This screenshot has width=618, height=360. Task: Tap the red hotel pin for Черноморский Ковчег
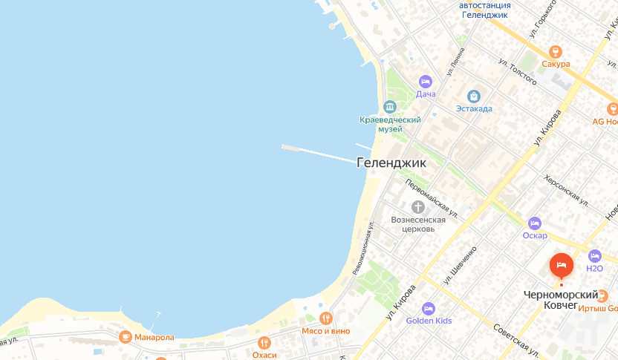561,266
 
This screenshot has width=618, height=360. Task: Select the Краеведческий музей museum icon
390,105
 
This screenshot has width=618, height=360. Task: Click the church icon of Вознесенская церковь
418,206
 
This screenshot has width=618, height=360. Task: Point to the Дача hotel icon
425,81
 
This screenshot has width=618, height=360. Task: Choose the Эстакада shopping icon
474,96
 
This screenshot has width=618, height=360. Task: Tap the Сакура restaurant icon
555,51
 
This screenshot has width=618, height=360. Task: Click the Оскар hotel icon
534,223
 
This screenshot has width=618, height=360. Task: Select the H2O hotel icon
593,256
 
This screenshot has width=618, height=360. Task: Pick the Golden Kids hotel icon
428,308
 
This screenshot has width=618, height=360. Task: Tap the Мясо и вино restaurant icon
325,318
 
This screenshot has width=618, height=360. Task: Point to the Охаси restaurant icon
264,342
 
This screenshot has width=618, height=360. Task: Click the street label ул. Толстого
518,72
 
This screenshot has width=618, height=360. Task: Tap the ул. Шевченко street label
460,266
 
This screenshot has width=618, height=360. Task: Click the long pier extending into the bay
319,152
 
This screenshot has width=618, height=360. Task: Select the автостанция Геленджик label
484,10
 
